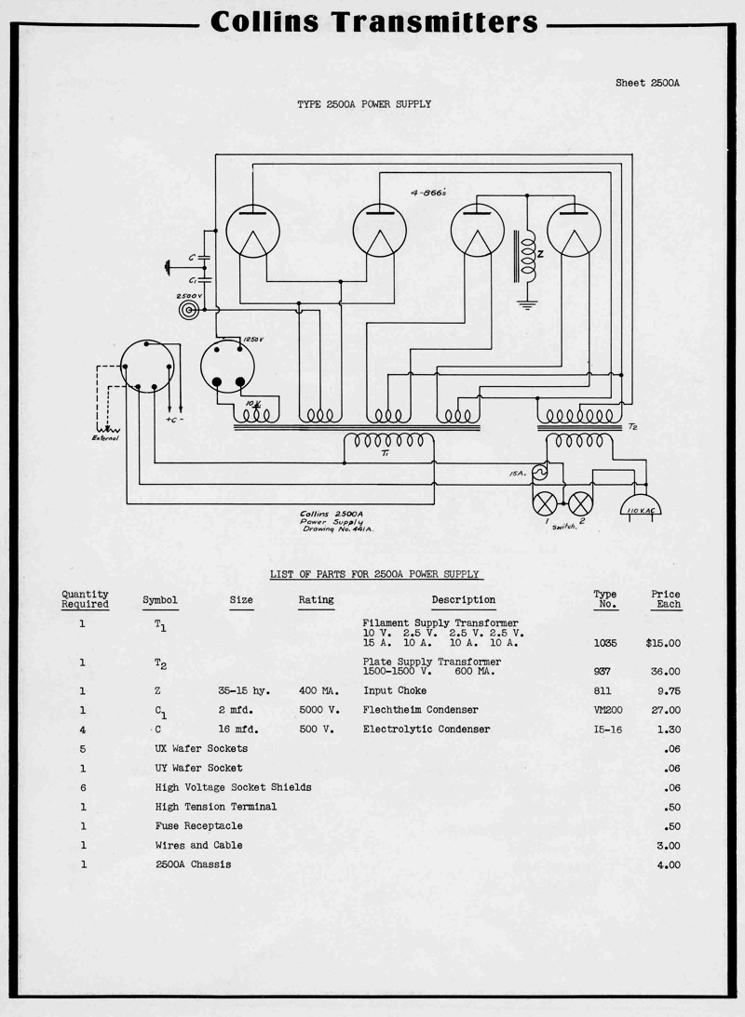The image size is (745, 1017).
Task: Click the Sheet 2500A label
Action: pyautogui.click(x=647, y=83)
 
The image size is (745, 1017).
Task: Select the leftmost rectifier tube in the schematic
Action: pyautogui.click(x=252, y=230)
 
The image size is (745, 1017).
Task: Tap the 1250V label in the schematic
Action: pyautogui.click(x=252, y=341)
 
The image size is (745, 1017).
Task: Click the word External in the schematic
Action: pyautogui.click(x=105, y=437)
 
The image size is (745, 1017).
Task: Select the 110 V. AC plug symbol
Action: pyautogui.click(x=641, y=508)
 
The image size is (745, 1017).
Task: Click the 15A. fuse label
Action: pyautogui.click(x=518, y=474)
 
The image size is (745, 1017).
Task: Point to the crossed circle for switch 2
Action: pyautogui.click(x=581, y=503)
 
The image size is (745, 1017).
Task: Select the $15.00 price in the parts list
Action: pyautogui.click(x=662, y=643)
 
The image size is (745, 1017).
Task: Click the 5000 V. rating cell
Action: pyautogui.click(x=317, y=710)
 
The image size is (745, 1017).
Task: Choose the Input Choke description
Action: pyautogui.click(x=395, y=690)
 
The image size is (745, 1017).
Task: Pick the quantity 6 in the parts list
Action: pyautogui.click(x=83, y=787)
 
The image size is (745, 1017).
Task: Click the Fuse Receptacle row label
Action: pyautogui.click(x=198, y=825)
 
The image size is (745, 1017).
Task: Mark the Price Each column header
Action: pyautogui.click(x=665, y=599)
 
